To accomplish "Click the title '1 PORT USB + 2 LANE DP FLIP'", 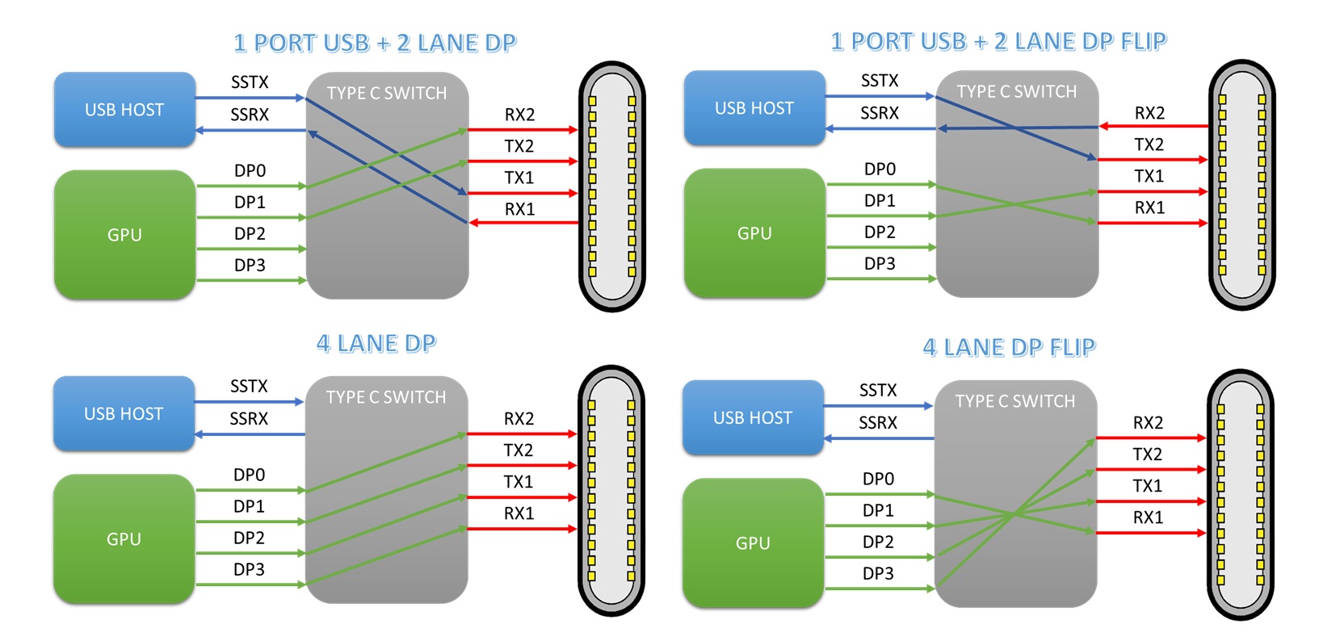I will click(998, 41).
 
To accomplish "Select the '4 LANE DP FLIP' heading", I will click(1009, 347).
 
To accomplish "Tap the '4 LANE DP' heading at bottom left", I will click(376, 344).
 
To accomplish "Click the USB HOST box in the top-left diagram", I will click(124, 110).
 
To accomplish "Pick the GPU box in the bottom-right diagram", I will click(753, 543).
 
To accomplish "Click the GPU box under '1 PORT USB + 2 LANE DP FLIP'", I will click(754, 233).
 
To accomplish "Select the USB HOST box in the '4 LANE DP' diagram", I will click(124, 414).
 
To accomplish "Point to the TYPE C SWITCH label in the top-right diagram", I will click(1017, 92).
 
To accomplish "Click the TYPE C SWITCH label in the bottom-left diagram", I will click(386, 397).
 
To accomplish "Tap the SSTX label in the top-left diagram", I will click(250, 82).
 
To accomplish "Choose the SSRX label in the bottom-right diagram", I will click(878, 422).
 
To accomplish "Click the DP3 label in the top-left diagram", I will click(250, 265).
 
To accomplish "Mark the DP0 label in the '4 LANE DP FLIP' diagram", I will click(878, 479).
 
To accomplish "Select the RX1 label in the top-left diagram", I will click(520, 209).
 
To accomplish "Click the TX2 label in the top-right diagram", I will click(1149, 145).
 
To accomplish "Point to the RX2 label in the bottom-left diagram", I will click(519, 418).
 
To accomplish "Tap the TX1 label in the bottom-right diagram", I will click(1148, 485).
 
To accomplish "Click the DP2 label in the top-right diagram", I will click(880, 232).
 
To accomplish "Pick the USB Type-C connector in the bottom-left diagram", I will click(611, 491).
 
